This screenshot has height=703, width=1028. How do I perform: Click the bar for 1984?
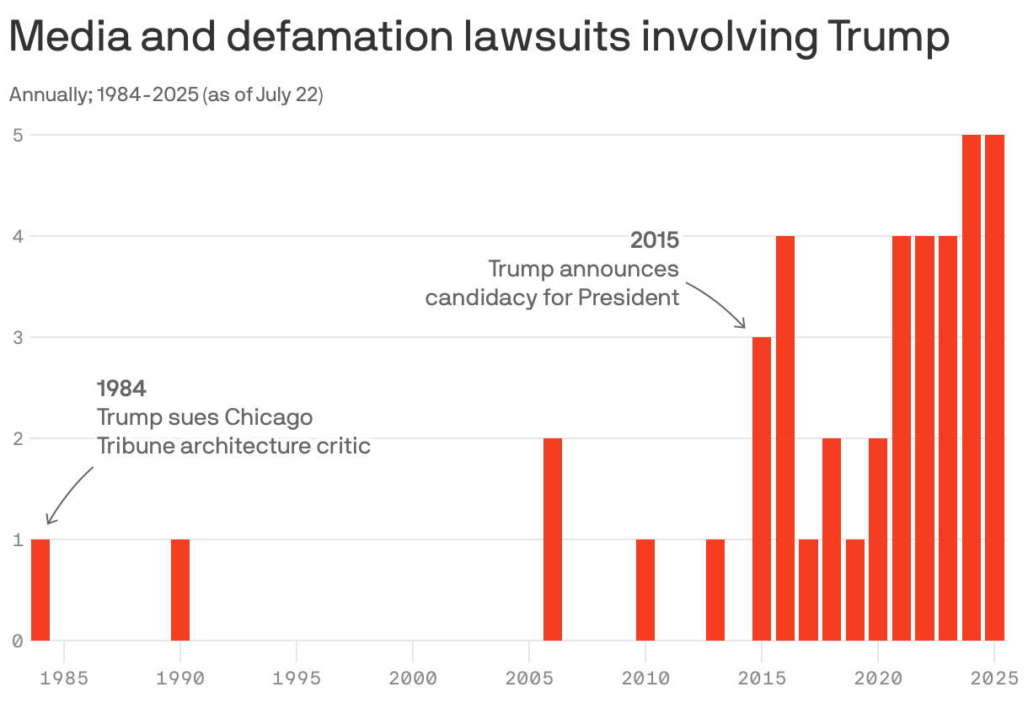(40, 589)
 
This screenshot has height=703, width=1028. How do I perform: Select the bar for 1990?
(180, 589)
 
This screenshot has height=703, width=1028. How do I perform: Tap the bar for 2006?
(553, 539)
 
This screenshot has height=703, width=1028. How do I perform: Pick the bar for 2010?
(645, 589)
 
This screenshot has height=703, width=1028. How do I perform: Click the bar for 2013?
(715, 589)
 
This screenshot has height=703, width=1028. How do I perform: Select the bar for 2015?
(762, 489)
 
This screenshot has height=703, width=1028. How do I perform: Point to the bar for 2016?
(785, 438)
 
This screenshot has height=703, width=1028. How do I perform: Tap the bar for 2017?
(808, 589)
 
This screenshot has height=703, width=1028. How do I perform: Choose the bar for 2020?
(878, 539)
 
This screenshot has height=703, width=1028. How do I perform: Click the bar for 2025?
(995, 388)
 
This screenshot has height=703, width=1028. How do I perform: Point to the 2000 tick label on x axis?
(413, 678)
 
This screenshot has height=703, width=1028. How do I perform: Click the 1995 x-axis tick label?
(297, 678)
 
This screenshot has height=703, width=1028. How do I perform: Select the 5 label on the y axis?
(17, 135)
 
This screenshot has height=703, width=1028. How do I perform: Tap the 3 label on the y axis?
(17, 337)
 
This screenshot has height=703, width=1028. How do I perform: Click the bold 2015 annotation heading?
(655, 240)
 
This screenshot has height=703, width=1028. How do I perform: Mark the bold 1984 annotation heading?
(122, 389)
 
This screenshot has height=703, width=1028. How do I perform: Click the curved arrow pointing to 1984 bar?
(67, 493)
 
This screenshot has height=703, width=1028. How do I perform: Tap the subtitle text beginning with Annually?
(166, 94)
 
